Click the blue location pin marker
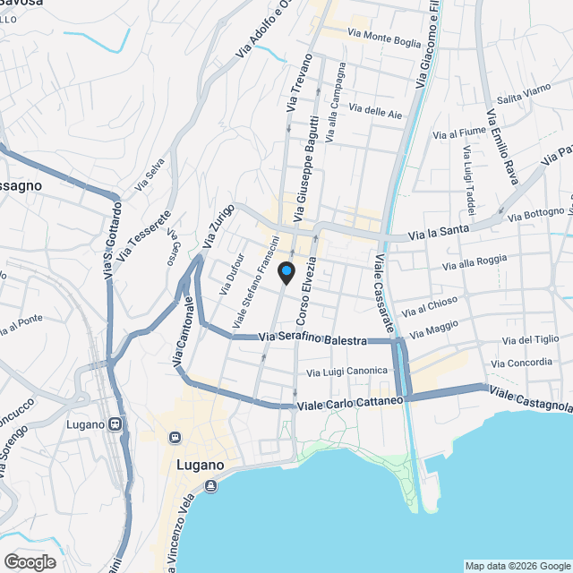[x=286, y=272]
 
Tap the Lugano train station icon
[x=115, y=424]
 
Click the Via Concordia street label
[x=521, y=362]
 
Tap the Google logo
[x=30, y=562]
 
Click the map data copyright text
[x=517, y=566]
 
